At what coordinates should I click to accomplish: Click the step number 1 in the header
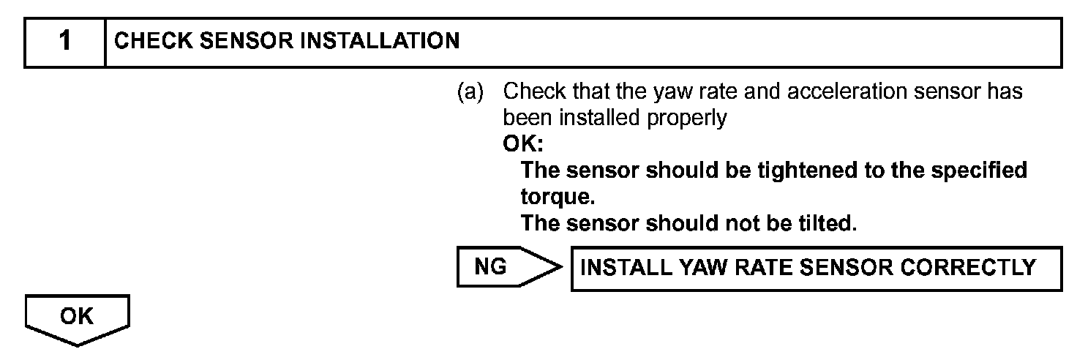(65, 42)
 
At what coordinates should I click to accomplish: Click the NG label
(490, 267)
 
